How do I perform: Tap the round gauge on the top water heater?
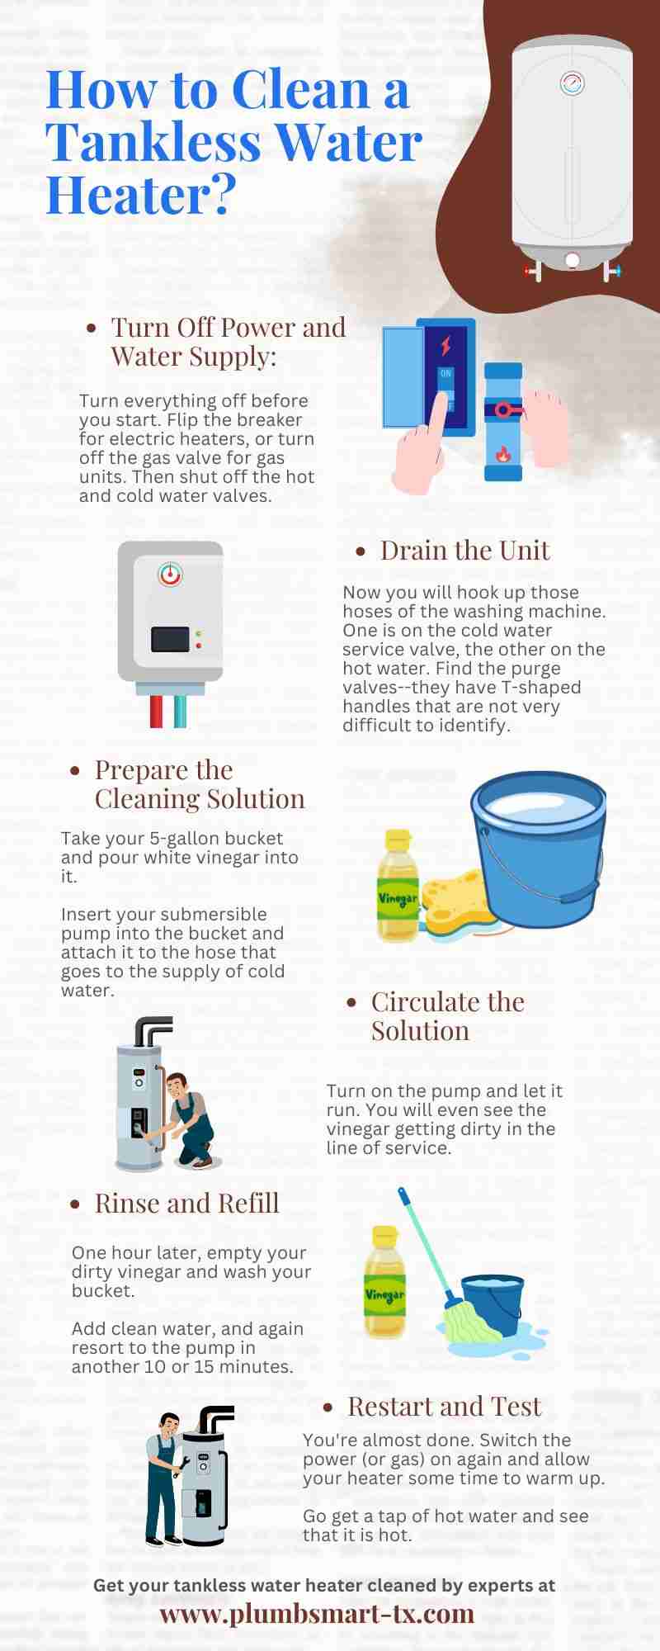(x=572, y=83)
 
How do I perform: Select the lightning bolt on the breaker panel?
(x=445, y=344)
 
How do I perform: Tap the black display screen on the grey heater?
(x=170, y=639)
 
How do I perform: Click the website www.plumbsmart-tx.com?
(x=317, y=1613)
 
